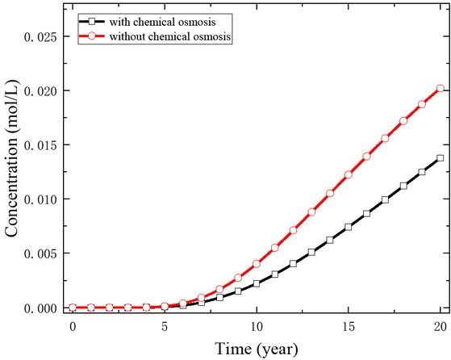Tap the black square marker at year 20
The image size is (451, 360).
440,158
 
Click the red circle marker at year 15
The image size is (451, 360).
348,174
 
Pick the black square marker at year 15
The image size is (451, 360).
348,227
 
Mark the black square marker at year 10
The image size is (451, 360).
257,283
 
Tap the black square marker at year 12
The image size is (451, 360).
293,263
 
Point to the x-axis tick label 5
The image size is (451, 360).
165,326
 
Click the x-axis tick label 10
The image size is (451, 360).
257,326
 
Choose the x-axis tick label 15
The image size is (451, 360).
348,326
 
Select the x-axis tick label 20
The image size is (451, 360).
440,326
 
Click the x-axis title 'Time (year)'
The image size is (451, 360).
256,349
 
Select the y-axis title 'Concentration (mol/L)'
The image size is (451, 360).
12,172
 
